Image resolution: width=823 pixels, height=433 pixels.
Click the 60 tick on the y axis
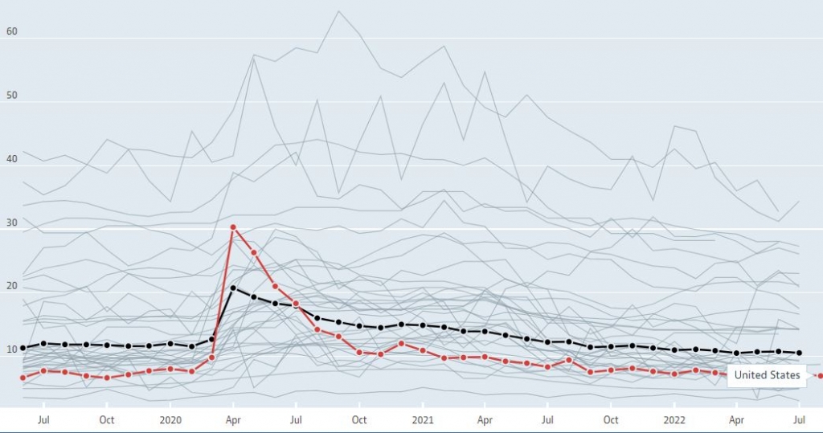11,33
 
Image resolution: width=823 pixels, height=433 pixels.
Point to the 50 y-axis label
11,96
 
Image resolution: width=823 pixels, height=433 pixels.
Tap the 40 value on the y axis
11,159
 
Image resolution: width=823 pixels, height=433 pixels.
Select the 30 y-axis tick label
11,223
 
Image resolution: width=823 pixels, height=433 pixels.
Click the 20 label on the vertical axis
11,286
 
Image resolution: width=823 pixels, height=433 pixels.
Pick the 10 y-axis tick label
11,349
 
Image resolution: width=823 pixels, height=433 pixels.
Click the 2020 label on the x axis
170,419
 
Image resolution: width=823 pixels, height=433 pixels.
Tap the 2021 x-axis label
423,419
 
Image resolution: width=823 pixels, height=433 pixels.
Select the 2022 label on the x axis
674,419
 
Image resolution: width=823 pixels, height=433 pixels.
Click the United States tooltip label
767,375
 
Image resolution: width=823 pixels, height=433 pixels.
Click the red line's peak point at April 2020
233,227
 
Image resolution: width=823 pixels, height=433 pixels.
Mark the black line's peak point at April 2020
233,288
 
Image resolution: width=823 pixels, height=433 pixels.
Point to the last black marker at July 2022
800,353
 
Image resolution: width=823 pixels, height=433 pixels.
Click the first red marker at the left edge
23,378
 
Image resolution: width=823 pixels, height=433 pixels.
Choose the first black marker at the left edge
23,348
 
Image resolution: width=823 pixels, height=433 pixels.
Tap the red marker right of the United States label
820,376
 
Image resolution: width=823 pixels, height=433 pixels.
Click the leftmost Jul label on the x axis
44,419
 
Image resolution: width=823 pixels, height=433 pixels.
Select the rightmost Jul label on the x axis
800,419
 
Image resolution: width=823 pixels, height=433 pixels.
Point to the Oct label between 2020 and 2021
359,419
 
